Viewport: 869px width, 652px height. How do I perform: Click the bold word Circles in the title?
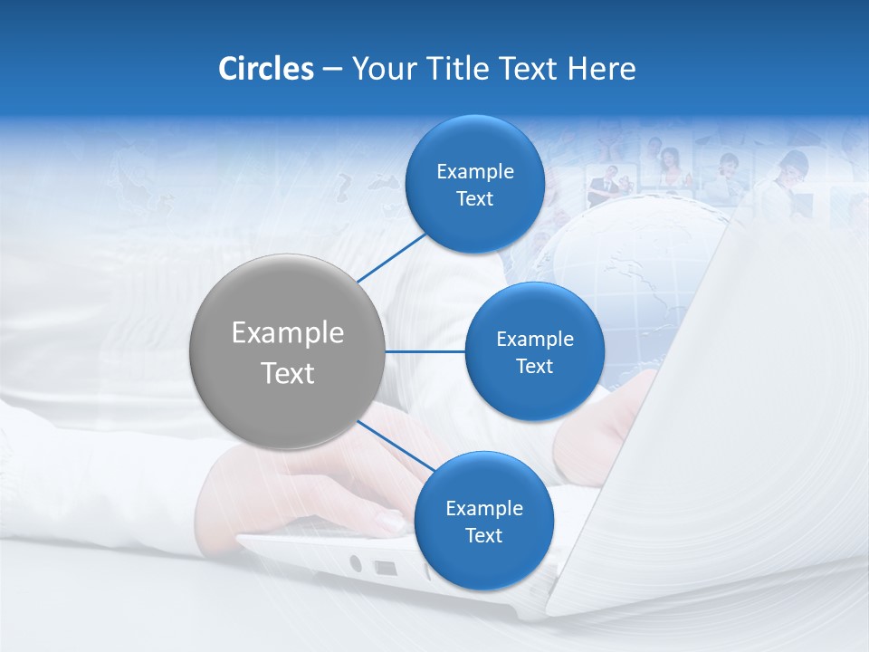266,69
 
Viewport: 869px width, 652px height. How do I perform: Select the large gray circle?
287,351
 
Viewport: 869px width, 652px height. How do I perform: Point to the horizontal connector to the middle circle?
425,351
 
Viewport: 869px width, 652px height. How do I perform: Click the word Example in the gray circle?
287,332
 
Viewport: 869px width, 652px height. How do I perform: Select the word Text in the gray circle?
287,373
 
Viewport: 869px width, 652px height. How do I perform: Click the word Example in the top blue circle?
474,171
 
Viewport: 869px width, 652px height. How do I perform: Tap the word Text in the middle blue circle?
534,367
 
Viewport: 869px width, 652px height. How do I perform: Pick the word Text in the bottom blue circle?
483,536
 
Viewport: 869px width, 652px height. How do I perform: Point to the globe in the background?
625,272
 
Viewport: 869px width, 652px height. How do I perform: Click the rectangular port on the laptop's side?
385,569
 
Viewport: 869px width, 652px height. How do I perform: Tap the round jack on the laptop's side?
355,563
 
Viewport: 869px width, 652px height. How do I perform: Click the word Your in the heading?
381,69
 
